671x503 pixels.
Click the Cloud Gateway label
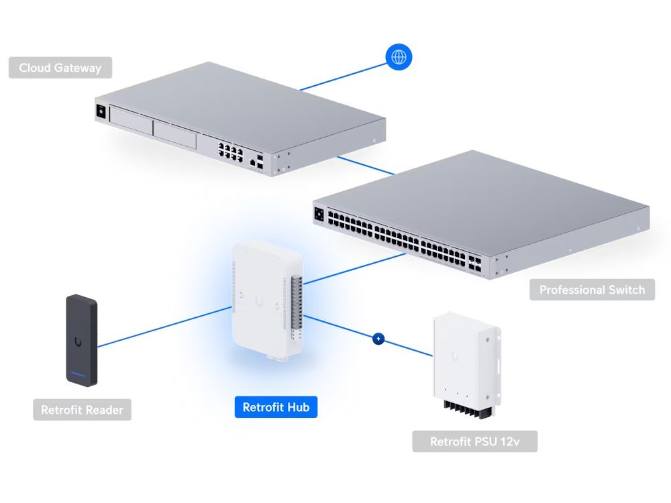pyautogui.click(x=60, y=68)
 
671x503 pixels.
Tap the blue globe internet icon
pyautogui.click(x=399, y=58)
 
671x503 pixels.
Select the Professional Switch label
pyautogui.click(x=592, y=290)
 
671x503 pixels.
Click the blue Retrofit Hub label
pyautogui.click(x=276, y=407)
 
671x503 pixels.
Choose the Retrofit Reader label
pyautogui.click(x=82, y=410)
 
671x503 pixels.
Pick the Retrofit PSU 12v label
pyautogui.click(x=474, y=441)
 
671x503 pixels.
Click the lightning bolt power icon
pyautogui.click(x=378, y=339)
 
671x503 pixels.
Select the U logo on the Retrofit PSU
pyautogui.click(x=456, y=355)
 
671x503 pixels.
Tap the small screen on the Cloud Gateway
pyautogui.click(x=101, y=112)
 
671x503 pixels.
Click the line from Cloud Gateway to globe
pyautogui.click(x=342, y=75)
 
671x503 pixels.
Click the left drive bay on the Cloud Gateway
pyautogui.click(x=130, y=123)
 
